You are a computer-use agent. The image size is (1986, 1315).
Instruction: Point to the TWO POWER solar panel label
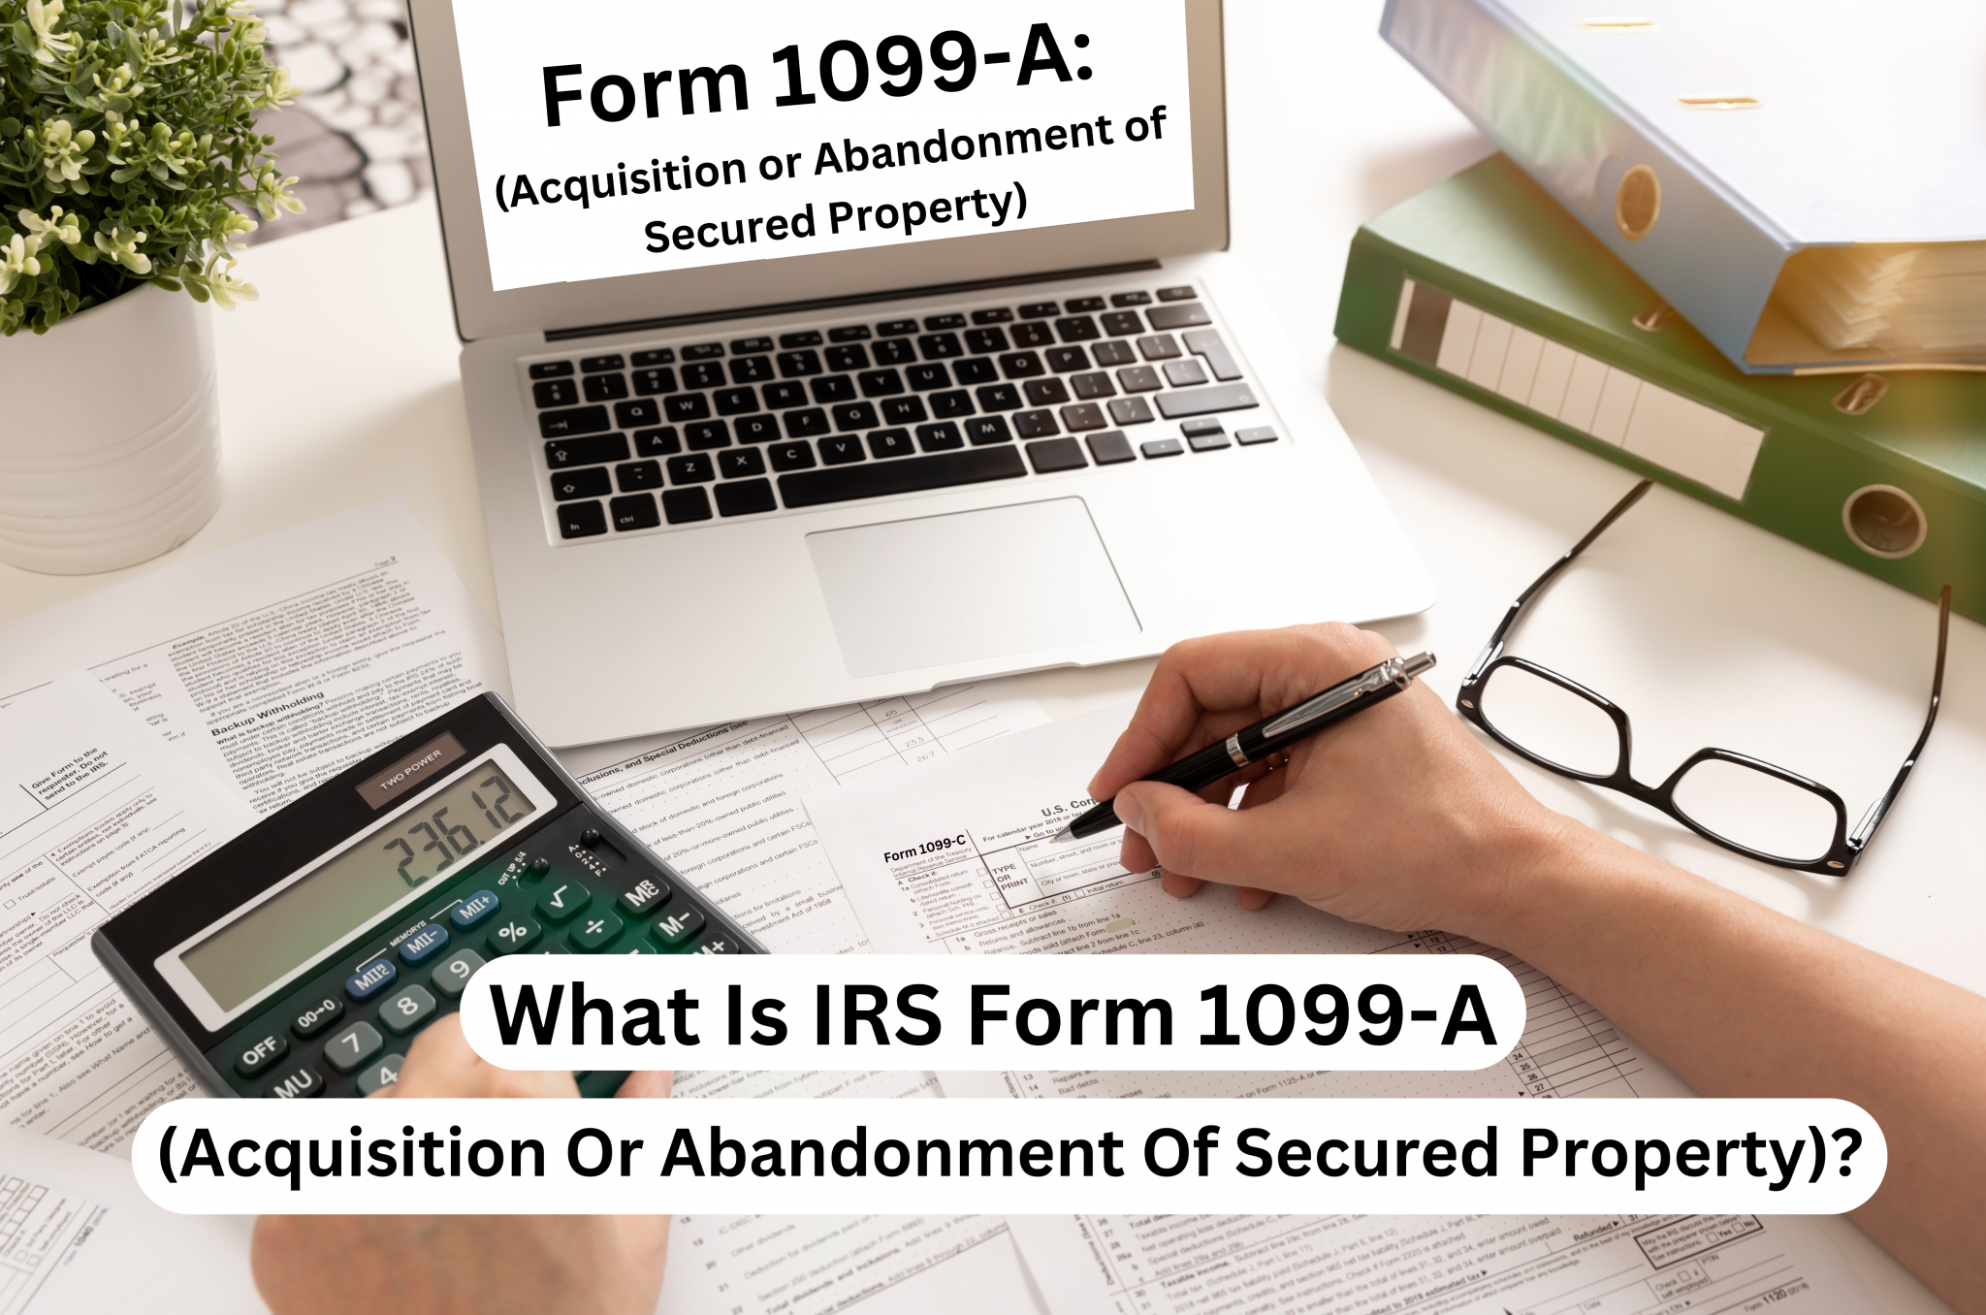coord(410,769)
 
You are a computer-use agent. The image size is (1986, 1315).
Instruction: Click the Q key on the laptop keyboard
coord(637,411)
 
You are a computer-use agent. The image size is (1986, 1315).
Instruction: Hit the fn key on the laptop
coord(574,528)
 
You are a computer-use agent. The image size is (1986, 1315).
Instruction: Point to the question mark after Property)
coord(1848,1151)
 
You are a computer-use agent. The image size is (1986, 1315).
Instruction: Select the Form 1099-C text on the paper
coord(923,849)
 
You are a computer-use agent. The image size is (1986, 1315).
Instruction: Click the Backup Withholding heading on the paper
coord(268,714)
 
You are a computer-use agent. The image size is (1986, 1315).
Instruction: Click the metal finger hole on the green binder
coord(1882,519)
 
